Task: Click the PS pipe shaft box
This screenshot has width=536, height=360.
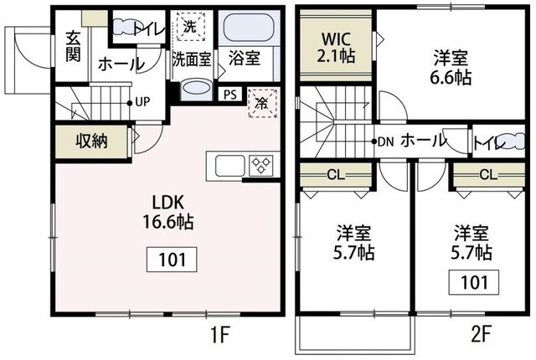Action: pyautogui.click(x=229, y=94)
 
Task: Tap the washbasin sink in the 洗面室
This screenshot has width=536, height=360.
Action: pyautogui.click(x=197, y=90)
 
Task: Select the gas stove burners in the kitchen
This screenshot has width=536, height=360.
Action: pyautogui.click(x=259, y=164)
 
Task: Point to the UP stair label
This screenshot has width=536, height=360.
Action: pyautogui.click(x=142, y=102)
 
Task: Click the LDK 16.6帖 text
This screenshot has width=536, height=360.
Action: pyautogui.click(x=173, y=213)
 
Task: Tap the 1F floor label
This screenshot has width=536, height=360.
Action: pyautogui.click(x=219, y=337)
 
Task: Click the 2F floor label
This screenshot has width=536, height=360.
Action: pyautogui.click(x=482, y=337)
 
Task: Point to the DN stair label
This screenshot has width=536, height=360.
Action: pyautogui.click(x=384, y=141)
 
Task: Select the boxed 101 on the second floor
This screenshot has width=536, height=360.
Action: pyautogui.click(x=474, y=281)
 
